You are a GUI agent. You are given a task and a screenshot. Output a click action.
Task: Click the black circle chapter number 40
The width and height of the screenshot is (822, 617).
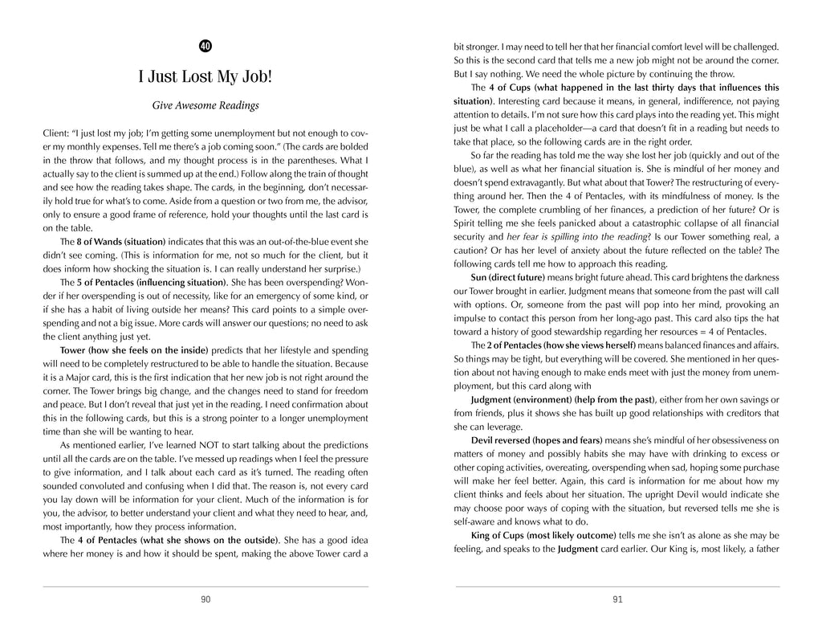point(205,46)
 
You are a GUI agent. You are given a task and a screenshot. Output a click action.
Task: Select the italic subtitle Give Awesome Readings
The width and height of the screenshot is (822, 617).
point(205,105)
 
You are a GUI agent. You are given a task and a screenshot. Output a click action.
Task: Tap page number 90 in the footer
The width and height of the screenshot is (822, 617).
point(205,599)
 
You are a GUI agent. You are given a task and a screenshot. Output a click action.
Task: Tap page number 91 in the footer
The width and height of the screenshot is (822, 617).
point(616,599)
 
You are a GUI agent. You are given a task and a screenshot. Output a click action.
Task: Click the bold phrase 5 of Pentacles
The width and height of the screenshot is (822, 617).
point(92,283)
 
